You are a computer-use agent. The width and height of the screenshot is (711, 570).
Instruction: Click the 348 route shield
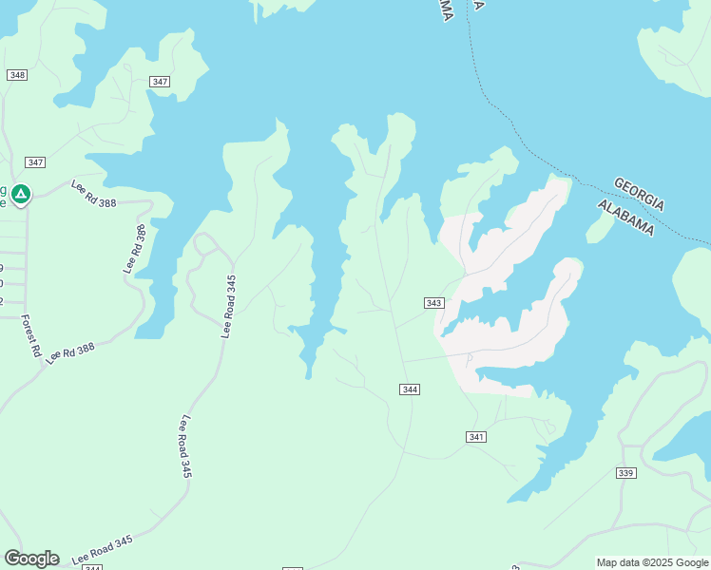(x=17, y=75)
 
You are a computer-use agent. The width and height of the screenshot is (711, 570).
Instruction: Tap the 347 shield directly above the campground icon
(x=36, y=162)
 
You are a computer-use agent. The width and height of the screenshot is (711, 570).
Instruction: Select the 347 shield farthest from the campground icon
(x=160, y=82)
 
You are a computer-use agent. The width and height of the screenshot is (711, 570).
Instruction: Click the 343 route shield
(x=433, y=303)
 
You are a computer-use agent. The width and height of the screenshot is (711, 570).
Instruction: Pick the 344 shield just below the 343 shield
(x=410, y=389)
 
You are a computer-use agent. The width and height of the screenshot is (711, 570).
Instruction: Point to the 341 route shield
(x=477, y=437)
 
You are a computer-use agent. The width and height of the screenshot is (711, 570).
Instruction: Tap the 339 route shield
(x=625, y=473)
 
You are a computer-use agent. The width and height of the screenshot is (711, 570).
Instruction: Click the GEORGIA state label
(x=640, y=194)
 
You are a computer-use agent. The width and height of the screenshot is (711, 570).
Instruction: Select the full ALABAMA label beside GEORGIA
(x=625, y=218)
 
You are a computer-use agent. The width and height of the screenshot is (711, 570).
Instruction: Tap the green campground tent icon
(x=21, y=194)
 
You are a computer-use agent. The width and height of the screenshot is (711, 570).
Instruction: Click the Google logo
(x=31, y=559)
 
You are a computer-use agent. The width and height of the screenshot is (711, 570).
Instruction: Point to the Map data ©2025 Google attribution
(x=652, y=562)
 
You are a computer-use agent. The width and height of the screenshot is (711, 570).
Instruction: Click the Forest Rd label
(x=31, y=336)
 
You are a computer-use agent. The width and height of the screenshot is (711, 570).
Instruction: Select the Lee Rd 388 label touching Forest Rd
(x=71, y=351)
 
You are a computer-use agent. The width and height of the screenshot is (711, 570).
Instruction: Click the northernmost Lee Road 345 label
(x=228, y=306)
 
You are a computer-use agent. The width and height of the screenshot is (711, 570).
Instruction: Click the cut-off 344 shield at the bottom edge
(x=92, y=567)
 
